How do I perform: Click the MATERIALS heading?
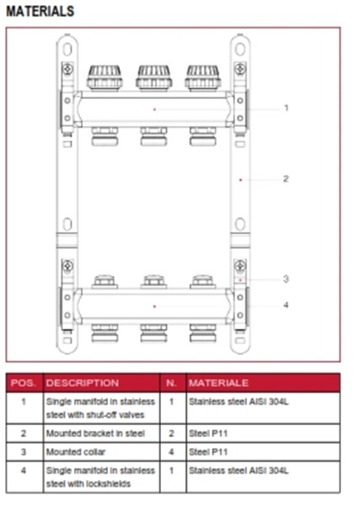[40, 11]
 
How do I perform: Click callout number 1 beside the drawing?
[286, 108]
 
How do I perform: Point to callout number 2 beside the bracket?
[286, 178]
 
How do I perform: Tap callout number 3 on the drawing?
[286, 279]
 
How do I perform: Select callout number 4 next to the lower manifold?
[286, 305]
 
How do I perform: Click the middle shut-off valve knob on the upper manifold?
[153, 78]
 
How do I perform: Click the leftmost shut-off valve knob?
[105, 78]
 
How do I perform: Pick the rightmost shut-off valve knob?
[203, 78]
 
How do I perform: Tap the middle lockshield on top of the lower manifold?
[153, 282]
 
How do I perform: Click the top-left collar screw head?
[67, 69]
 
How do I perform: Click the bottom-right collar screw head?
[240, 266]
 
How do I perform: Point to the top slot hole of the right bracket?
[240, 49]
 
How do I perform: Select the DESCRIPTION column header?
[83, 383]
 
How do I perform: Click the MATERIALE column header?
[219, 383]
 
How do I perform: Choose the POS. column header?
[23, 383]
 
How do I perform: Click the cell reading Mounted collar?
[76, 452]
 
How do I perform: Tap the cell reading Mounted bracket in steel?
[96, 433]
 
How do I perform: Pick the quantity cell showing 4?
[171, 452]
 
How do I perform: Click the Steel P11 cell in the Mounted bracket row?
[208, 433]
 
